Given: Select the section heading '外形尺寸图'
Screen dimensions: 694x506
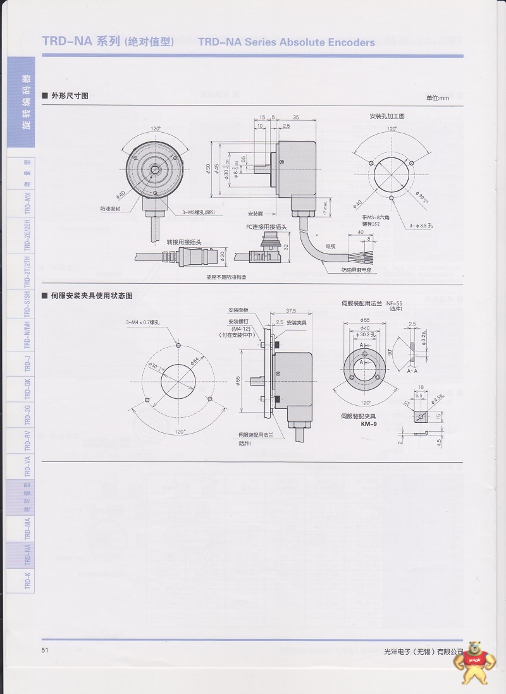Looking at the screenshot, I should coord(69,95).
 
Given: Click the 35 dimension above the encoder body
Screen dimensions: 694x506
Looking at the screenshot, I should coord(296,118).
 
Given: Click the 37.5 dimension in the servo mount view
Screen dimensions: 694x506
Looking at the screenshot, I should coord(291,311).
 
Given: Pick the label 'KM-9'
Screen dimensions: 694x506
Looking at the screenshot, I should coord(352,424).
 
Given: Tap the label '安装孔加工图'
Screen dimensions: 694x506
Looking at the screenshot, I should coord(387,116).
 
